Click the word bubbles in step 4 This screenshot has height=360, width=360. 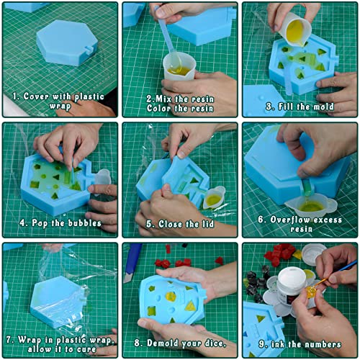pos(84,222)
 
